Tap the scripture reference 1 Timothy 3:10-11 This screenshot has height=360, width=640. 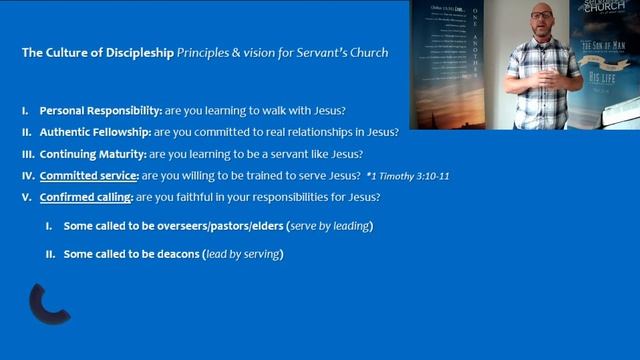(x=407, y=177)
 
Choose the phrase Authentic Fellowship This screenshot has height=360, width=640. (x=93, y=132)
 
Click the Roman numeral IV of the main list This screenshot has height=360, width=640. (x=28, y=176)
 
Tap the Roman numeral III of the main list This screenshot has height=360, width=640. (x=28, y=154)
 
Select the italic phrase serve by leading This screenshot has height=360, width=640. (x=330, y=227)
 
